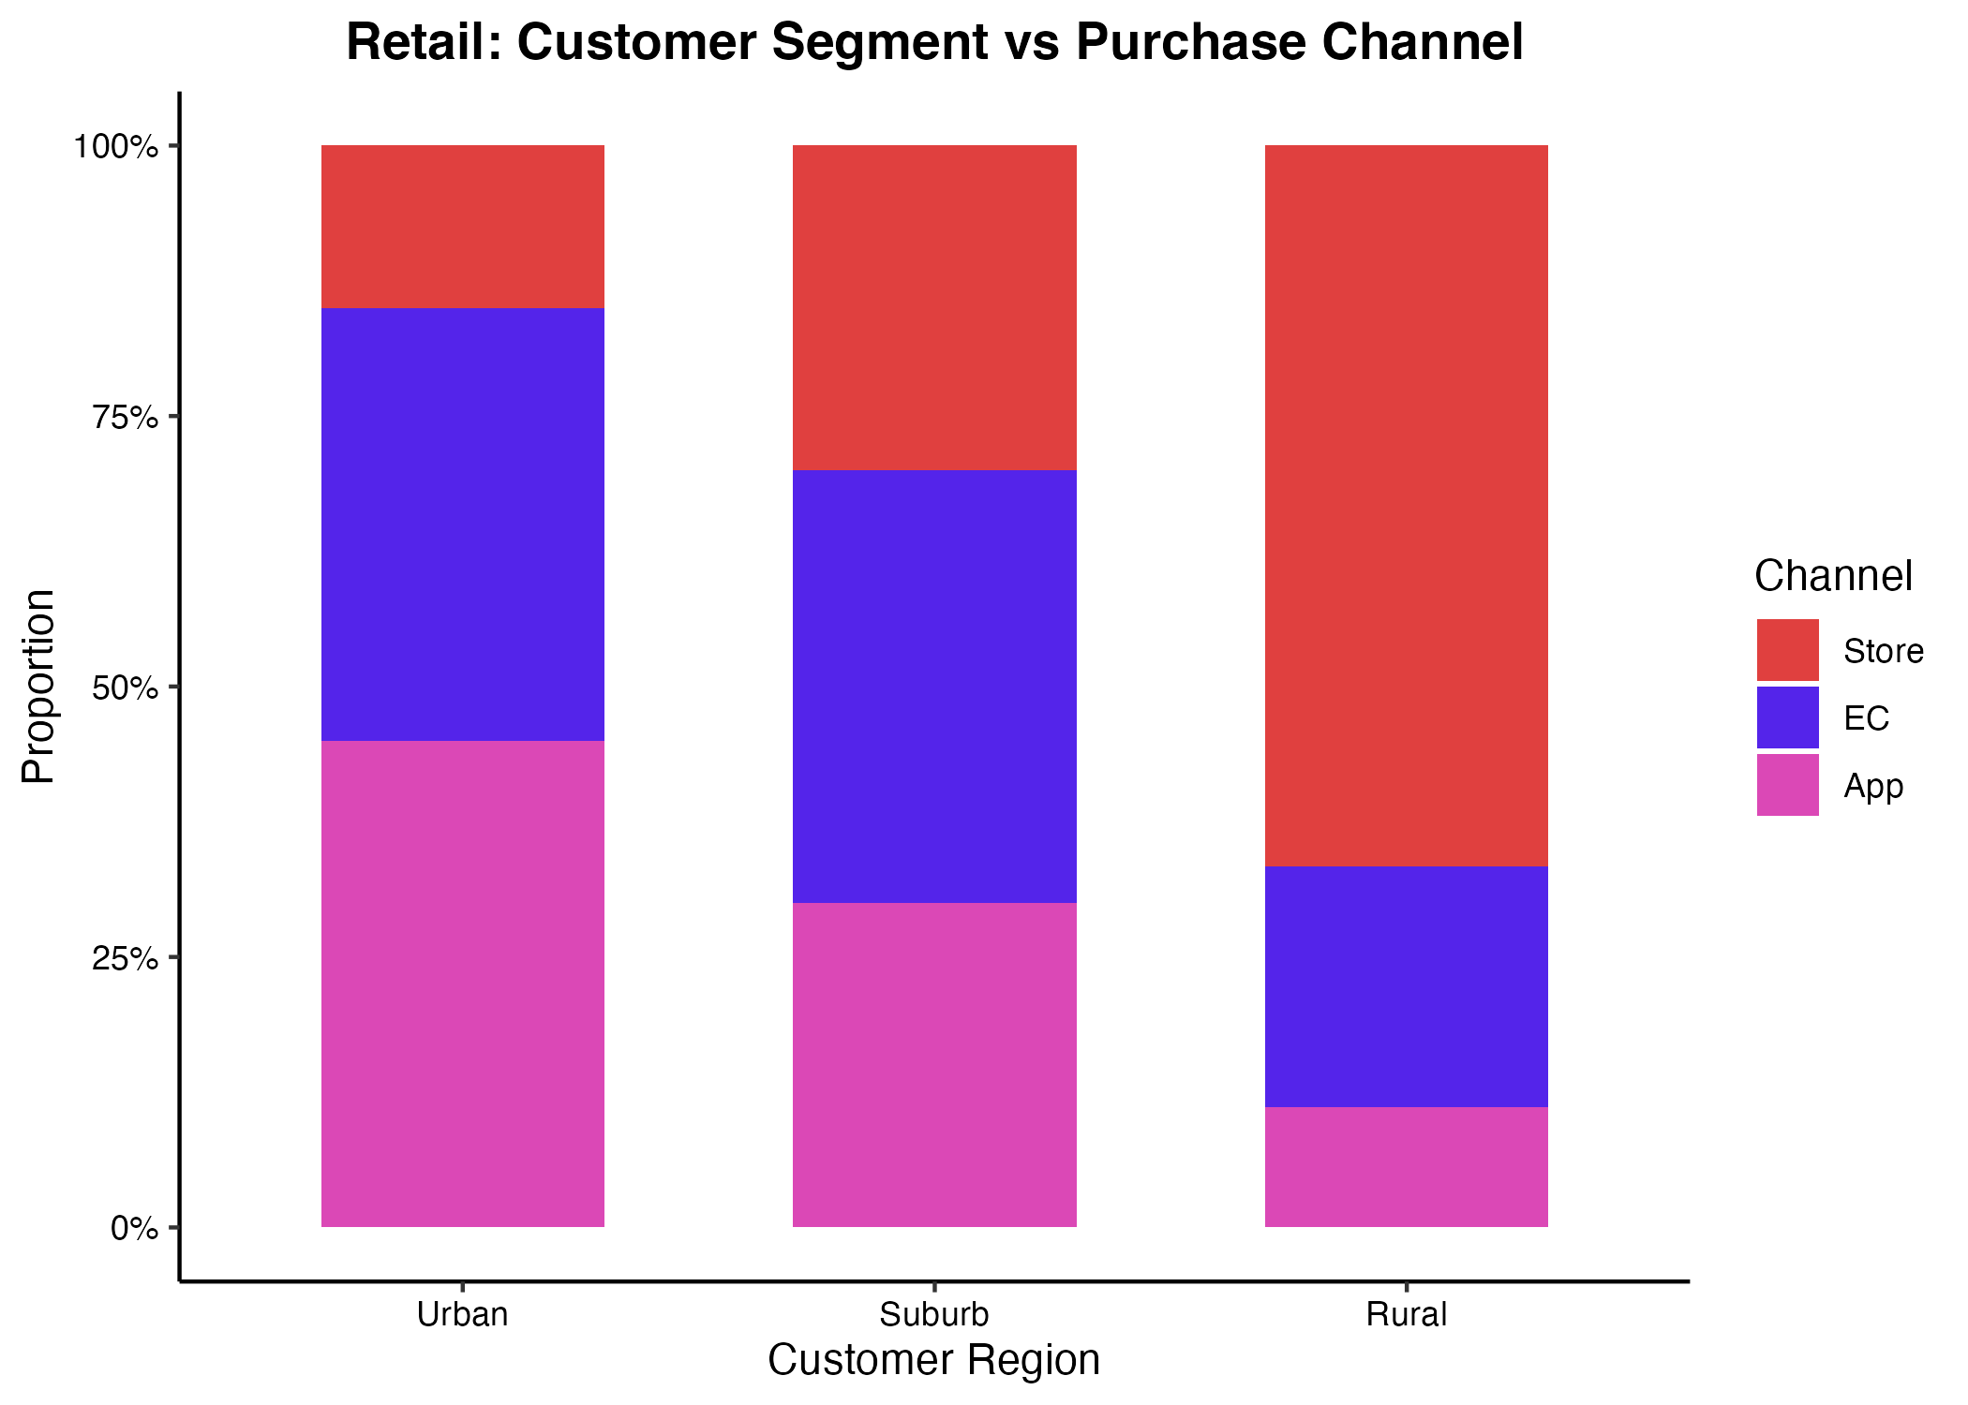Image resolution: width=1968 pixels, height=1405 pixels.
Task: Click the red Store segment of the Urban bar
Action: (x=463, y=227)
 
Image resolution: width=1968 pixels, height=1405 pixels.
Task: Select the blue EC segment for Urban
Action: (x=463, y=525)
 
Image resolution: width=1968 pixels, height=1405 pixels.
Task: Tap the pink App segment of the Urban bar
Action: (x=463, y=983)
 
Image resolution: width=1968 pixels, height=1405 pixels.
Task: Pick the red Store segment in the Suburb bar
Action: (x=934, y=307)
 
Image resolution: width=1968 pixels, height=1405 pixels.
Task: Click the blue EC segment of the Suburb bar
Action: (x=934, y=687)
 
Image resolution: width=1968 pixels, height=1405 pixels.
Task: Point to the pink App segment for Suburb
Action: (x=934, y=1065)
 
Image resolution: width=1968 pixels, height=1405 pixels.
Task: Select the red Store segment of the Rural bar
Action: (x=1407, y=506)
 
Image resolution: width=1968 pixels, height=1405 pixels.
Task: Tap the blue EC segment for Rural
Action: (x=1407, y=987)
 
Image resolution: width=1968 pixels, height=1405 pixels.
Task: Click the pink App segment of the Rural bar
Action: (x=1407, y=1167)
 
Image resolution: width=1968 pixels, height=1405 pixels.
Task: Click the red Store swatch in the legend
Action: (x=1788, y=650)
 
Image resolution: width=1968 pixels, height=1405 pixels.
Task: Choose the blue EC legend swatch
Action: (x=1788, y=717)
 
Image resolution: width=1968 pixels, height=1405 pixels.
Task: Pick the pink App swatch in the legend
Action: (x=1788, y=785)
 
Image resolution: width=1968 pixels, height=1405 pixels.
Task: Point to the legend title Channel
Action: (x=1833, y=575)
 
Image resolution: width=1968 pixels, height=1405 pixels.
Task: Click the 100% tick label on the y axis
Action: (x=116, y=147)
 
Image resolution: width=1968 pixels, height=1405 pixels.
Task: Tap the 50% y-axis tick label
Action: (x=124, y=688)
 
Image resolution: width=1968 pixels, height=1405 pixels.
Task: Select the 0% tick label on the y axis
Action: (x=133, y=1228)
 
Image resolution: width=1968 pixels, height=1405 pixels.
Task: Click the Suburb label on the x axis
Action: (x=934, y=1314)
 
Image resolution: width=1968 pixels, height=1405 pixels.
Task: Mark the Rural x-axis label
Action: (x=1407, y=1314)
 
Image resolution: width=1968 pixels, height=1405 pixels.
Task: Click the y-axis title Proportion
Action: (x=38, y=687)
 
